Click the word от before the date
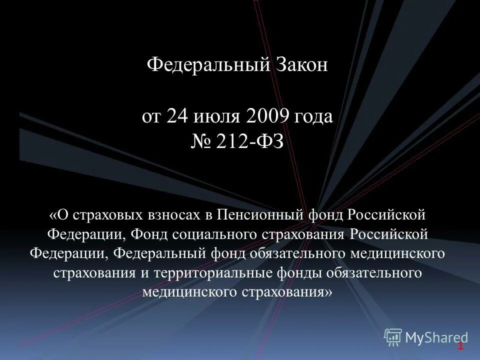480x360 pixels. click(x=151, y=116)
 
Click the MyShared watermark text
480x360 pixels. click(x=436, y=338)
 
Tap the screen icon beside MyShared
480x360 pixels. click(x=393, y=337)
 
